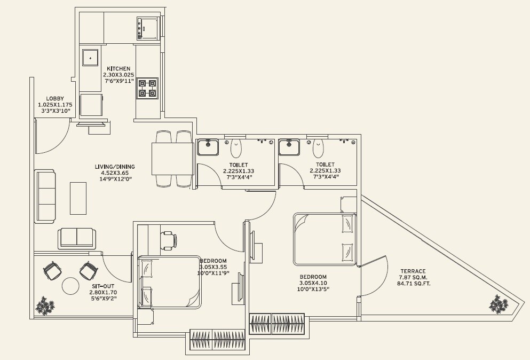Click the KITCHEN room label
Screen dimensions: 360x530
(118, 69)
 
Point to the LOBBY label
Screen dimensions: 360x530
(55, 98)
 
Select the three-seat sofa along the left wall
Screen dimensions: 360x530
(45, 196)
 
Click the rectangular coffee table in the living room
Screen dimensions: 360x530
(78, 198)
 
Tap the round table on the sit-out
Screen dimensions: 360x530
(71, 286)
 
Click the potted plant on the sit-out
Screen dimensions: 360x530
(45, 306)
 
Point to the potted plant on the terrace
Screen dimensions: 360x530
(499, 304)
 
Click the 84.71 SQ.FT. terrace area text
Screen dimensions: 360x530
(415, 284)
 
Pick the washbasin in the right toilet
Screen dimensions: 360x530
(289, 147)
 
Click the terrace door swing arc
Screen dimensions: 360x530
(376, 278)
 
